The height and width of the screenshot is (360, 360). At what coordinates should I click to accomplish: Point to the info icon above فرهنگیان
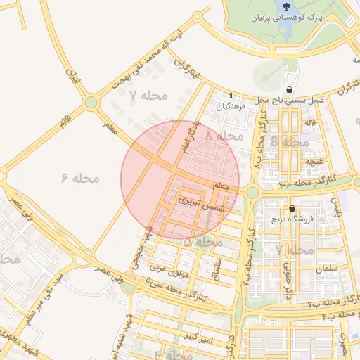click(231, 96)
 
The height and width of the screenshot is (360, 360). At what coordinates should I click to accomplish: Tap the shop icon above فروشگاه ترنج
click(292, 208)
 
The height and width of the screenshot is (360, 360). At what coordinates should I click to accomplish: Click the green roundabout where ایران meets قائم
click(91, 103)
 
